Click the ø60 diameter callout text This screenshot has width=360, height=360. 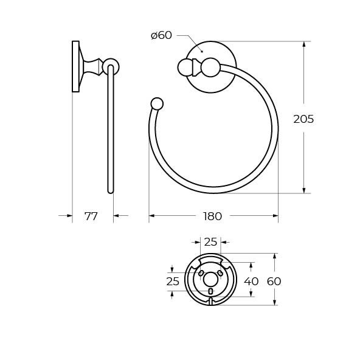pos(162,35)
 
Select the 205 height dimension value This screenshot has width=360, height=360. pos(303,119)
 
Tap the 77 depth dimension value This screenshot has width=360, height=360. pos(91,216)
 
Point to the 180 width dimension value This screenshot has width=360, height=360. pos(213,216)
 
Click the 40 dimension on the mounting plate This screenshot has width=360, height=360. pos(251,282)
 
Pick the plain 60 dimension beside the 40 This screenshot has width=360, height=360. pos(274,282)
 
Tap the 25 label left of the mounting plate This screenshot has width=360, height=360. pos(173,282)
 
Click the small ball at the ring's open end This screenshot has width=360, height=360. pos(157,103)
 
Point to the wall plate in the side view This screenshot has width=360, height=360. pos(75,66)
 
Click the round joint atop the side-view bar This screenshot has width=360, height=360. pos(111,66)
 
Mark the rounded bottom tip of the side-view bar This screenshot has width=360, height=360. pos(111,191)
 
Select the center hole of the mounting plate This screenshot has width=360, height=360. pos(210,279)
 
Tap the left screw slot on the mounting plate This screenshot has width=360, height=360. pos(201,273)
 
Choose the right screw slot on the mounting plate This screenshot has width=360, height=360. pos(220,273)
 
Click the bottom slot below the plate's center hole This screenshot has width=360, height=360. pos(210,291)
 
